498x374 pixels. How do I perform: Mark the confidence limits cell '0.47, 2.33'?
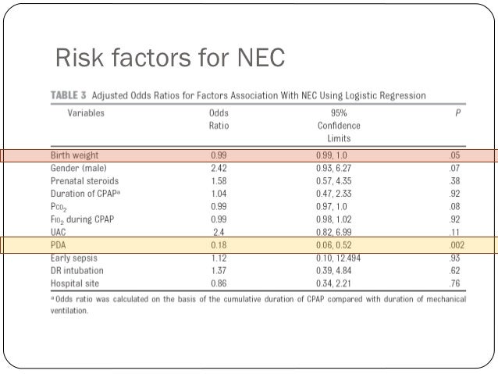pyautogui.click(x=336, y=194)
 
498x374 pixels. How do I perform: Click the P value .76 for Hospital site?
pyautogui.click(x=454, y=283)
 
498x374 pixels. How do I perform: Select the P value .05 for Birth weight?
pyautogui.click(x=454, y=155)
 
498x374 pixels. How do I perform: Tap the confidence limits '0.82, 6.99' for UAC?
pyautogui.click(x=336, y=232)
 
